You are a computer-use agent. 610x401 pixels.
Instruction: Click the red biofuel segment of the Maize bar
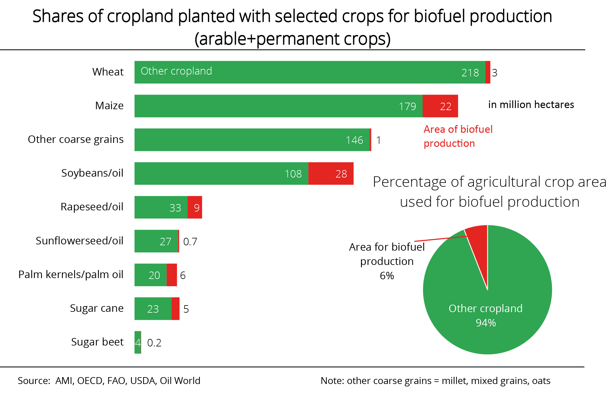click(440, 106)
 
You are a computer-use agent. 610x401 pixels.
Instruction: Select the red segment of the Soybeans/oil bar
click(331, 173)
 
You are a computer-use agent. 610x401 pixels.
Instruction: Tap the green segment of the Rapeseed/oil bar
click(161, 207)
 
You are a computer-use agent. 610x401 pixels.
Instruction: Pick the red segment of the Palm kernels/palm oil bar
click(172, 275)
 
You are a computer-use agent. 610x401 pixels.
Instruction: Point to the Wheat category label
click(108, 72)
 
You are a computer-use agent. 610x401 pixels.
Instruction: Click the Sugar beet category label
click(97, 342)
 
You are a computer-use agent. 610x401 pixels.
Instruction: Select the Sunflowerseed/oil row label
click(80, 241)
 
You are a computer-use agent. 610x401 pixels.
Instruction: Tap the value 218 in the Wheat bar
click(470, 73)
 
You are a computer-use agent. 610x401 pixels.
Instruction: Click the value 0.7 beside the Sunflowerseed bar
click(190, 242)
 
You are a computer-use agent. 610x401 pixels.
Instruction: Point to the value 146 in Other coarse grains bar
click(354, 140)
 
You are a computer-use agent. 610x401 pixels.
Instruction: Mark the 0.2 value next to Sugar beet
click(154, 343)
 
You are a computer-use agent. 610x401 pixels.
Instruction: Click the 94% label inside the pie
click(485, 323)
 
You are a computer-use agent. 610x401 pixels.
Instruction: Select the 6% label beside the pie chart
click(387, 275)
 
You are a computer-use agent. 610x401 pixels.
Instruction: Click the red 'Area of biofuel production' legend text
click(458, 136)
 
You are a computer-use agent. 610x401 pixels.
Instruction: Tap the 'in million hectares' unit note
click(531, 105)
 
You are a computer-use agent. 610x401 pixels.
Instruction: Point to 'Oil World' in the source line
click(180, 381)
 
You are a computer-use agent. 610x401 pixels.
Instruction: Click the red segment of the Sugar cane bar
click(175, 309)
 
